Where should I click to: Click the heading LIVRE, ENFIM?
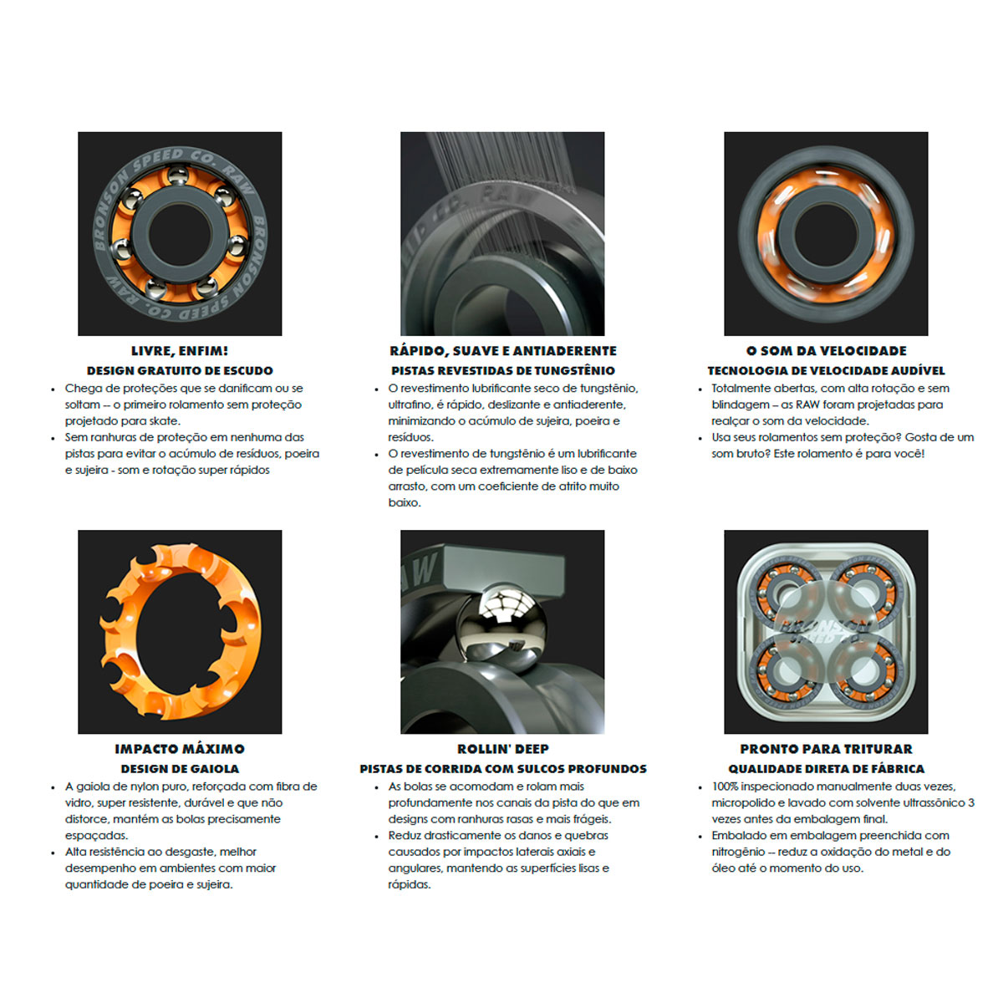click(x=180, y=351)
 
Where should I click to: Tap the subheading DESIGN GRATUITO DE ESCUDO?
click(x=180, y=370)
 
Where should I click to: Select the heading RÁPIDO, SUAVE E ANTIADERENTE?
click(x=503, y=351)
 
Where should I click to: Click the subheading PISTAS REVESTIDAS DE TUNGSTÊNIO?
click(x=503, y=370)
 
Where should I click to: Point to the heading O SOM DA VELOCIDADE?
click(x=826, y=351)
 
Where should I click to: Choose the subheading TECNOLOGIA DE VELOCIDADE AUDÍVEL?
click(x=826, y=370)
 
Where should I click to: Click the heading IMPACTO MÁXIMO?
click(x=180, y=749)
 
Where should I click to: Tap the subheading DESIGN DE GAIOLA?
click(x=180, y=769)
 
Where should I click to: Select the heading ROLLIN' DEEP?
click(x=503, y=749)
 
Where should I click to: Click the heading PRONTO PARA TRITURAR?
click(x=826, y=749)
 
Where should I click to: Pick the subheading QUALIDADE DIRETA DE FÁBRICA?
click(x=826, y=769)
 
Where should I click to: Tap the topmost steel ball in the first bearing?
click(x=178, y=175)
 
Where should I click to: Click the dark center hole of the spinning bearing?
click(x=826, y=234)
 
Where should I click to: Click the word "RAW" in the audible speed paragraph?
click(x=807, y=405)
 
